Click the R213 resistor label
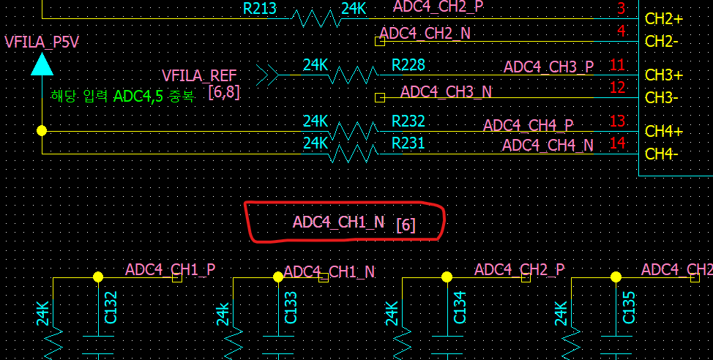pyautogui.click(x=260, y=10)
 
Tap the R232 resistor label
pyautogui.click(x=408, y=121)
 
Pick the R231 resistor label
pyautogui.click(x=408, y=143)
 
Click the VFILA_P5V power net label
pyautogui.click(x=42, y=42)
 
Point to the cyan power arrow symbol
pyautogui.click(x=42, y=65)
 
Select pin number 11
pyautogui.click(x=617, y=65)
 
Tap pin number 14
pyautogui.click(x=617, y=143)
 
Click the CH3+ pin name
pyautogui.click(x=664, y=75)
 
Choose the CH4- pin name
pyautogui.click(x=662, y=154)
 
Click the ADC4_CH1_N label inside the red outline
pyautogui.click(x=338, y=222)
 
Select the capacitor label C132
pyautogui.click(x=111, y=307)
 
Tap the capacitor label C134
pyautogui.click(x=460, y=307)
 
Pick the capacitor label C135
pyautogui.click(x=629, y=307)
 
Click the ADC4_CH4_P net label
pyautogui.click(x=528, y=126)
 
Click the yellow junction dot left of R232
pyautogui.click(x=42, y=130)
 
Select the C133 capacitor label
pyautogui.click(x=291, y=307)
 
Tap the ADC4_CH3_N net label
pyautogui.click(x=446, y=92)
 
